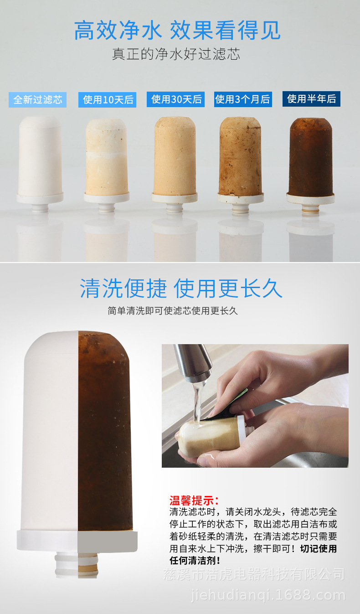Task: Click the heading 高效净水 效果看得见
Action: point(177,31)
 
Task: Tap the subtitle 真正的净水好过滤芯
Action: point(176,54)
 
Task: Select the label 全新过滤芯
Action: point(37,100)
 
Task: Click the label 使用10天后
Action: point(108,100)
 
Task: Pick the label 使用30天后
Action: point(176,99)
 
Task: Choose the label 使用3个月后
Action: point(243,99)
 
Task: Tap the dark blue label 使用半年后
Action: point(311,99)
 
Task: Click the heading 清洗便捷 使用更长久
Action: point(181,289)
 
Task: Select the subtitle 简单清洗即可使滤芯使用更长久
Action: point(173,311)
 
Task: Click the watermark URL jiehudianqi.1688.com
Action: point(267,595)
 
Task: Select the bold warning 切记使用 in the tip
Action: point(319,548)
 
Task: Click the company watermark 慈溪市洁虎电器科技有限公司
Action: point(254,574)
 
